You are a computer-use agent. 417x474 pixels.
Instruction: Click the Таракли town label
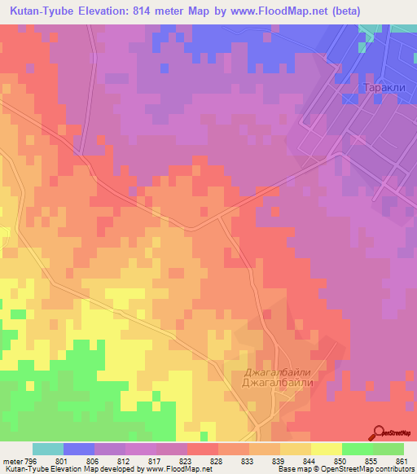point(384,88)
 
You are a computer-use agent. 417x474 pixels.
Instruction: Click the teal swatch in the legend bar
point(48,449)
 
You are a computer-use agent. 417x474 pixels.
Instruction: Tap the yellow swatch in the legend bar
point(327,449)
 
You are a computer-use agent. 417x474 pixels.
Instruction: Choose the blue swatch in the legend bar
point(79,449)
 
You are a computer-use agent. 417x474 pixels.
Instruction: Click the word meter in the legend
point(13,462)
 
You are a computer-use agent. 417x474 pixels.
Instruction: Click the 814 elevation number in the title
point(153,11)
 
